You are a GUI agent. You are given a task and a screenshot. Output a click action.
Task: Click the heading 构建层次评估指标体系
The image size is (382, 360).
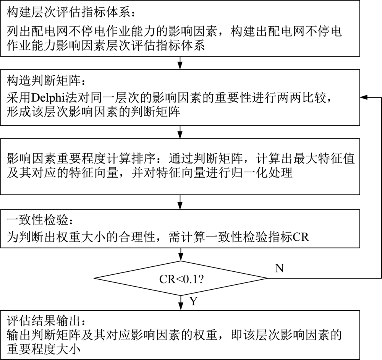coord(68,13)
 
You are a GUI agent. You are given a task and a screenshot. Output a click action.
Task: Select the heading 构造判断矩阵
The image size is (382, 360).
coord(44,80)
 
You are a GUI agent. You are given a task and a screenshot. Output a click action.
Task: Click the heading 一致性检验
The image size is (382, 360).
coord(37,220)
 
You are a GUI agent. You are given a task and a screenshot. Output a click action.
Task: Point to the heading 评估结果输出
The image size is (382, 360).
coord(44,321)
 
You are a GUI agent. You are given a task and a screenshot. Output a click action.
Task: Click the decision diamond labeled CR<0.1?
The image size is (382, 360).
coord(181,278)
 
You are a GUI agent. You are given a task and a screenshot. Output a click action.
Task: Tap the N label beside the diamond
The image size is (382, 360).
coord(280,268)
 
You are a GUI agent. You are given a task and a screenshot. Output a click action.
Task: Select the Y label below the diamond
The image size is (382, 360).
coord(193,301)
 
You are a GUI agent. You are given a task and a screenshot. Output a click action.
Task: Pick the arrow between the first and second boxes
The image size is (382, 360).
coord(180,63)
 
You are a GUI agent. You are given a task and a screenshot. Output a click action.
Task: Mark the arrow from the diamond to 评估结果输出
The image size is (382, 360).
coord(181,303)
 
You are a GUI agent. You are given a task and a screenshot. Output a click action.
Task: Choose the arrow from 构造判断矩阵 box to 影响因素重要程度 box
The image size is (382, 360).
coord(180,132)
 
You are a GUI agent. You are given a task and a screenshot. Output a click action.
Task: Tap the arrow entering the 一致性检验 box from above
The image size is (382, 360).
coord(180,202)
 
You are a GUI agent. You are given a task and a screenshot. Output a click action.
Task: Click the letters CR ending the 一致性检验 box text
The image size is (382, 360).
coord(301,237)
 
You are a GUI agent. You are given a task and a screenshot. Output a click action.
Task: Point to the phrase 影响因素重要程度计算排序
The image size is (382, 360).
coord(81,159)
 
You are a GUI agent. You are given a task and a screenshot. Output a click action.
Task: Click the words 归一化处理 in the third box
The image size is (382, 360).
coord(261,173)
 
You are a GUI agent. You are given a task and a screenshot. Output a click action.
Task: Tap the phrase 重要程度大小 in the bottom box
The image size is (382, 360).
coord(44,349)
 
